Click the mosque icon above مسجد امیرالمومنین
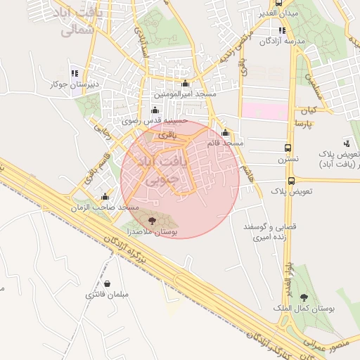pyautogui.click(x=185, y=84)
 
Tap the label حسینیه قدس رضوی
pyautogui.click(x=156, y=121)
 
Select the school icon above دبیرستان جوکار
pyautogui.click(x=75, y=74)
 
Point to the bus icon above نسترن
pyautogui.click(x=288, y=148)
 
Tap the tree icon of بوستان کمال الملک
pyautogui.click(x=304, y=298)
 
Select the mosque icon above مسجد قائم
pyautogui.click(x=225, y=133)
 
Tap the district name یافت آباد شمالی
pyautogui.click(x=89, y=22)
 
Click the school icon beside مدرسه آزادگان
pyautogui.click(x=282, y=31)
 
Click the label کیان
pyautogui.click(x=309, y=111)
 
